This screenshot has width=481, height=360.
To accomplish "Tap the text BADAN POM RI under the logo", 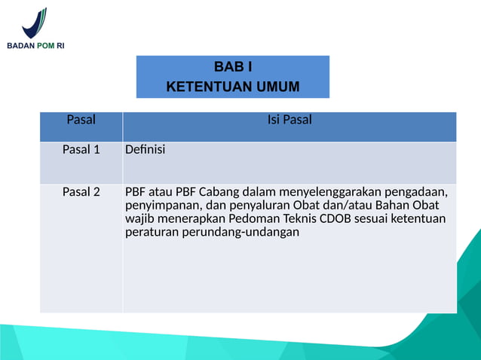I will pos(35,46).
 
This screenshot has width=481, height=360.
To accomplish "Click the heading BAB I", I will pos(233,68).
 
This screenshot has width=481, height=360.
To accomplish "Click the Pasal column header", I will pos(81,120).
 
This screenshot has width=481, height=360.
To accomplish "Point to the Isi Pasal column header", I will pos(290,120).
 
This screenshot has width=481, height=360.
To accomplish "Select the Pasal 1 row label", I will pos(81,149).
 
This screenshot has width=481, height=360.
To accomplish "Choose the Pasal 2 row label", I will pos(81,191).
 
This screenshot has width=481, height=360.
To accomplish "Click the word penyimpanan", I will pos(160,205).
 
